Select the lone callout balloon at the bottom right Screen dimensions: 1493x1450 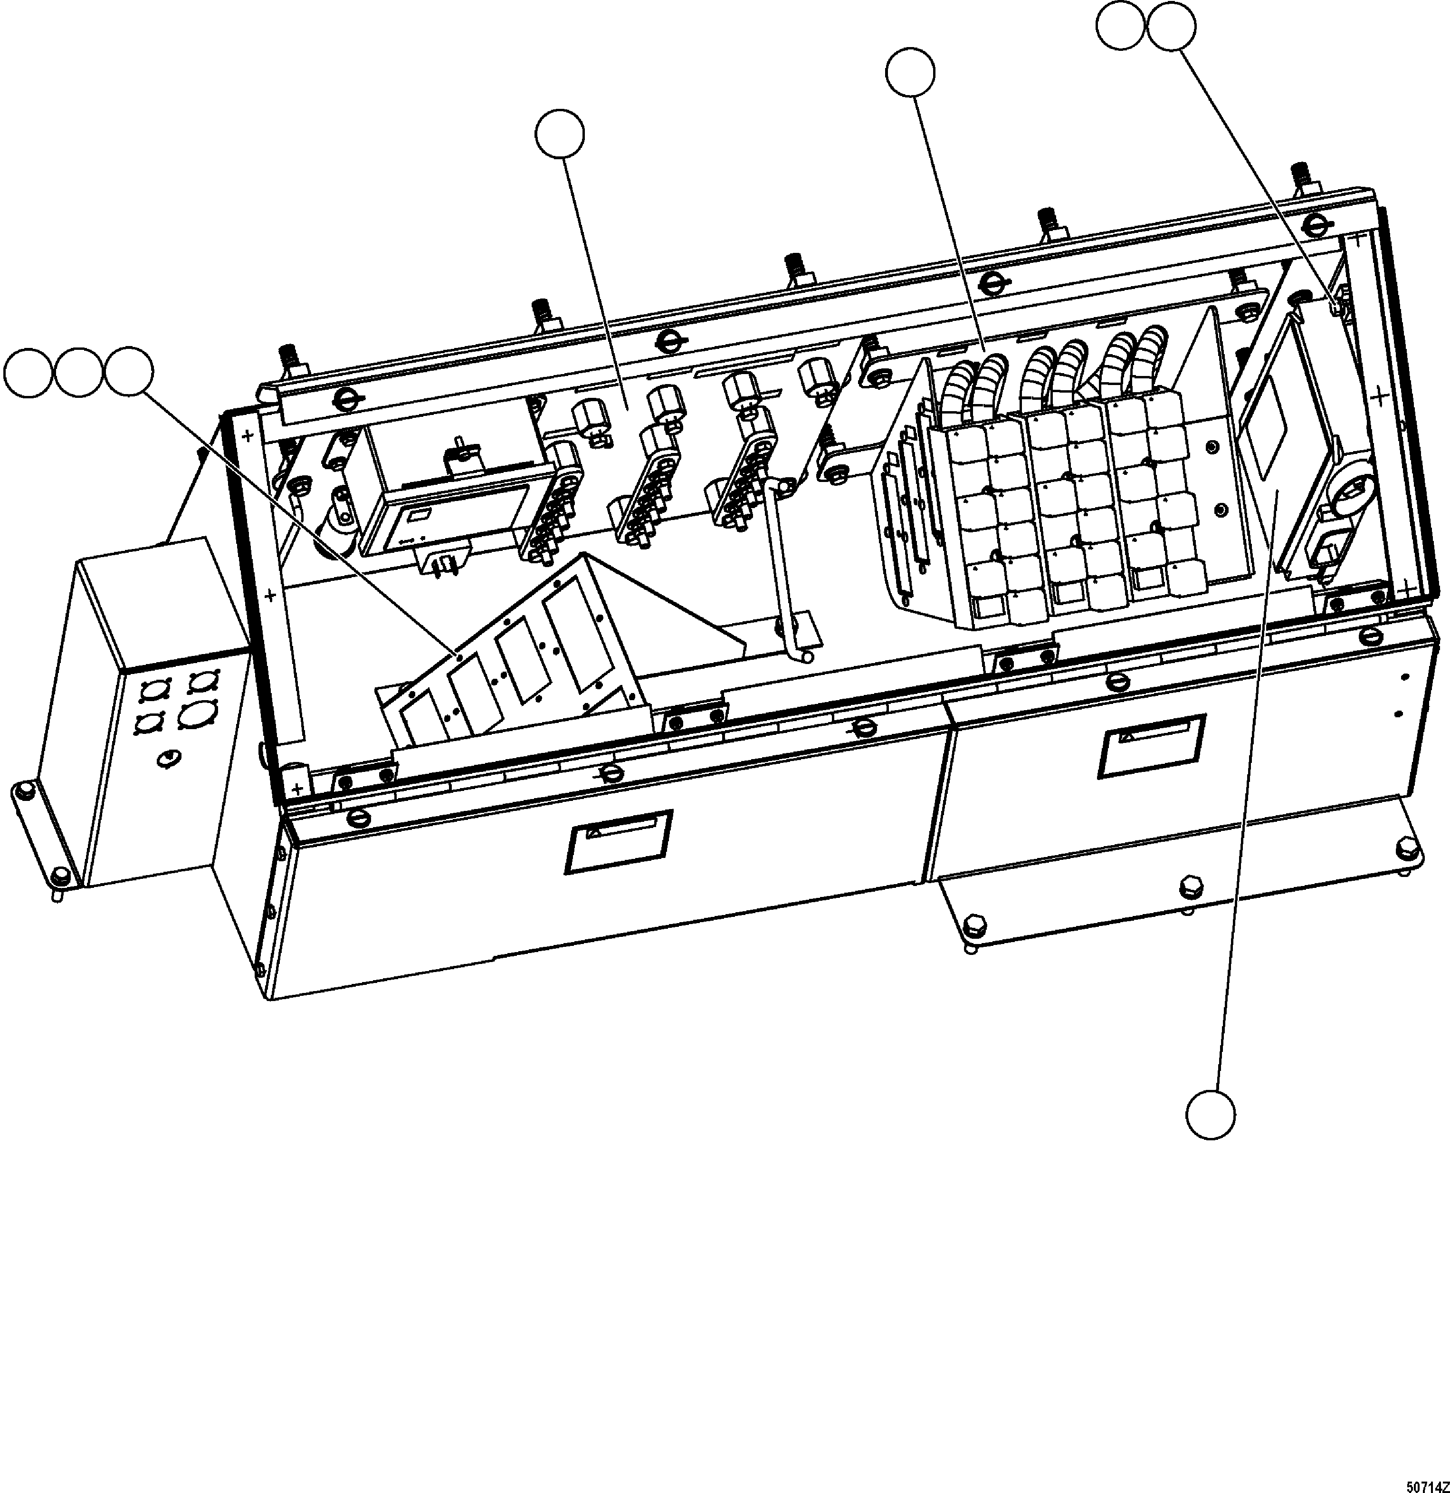coord(1210,1116)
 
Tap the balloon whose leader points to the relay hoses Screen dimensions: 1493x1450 coord(910,73)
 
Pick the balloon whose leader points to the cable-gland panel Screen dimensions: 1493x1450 coord(560,135)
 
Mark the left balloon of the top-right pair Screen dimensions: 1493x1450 coord(1120,26)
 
